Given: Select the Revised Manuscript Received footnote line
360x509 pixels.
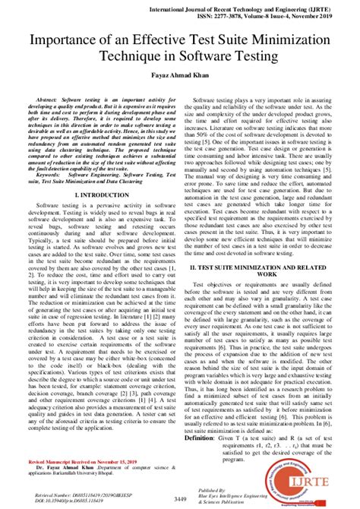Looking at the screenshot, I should pos(65,461).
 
